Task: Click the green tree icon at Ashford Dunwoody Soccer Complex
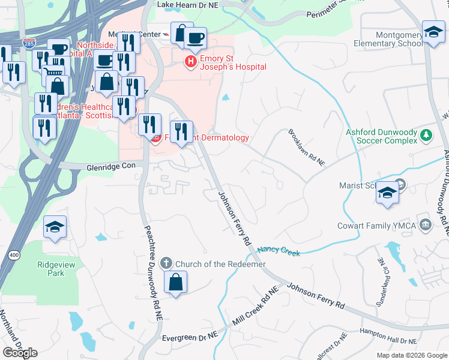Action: coord(426,134)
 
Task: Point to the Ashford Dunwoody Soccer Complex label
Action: coord(381,136)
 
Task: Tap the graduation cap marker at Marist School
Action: coord(388,193)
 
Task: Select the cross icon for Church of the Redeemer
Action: coord(166,263)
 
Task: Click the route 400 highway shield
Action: coord(13,256)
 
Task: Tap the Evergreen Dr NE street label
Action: coord(189,338)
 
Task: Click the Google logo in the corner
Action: coord(20,353)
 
